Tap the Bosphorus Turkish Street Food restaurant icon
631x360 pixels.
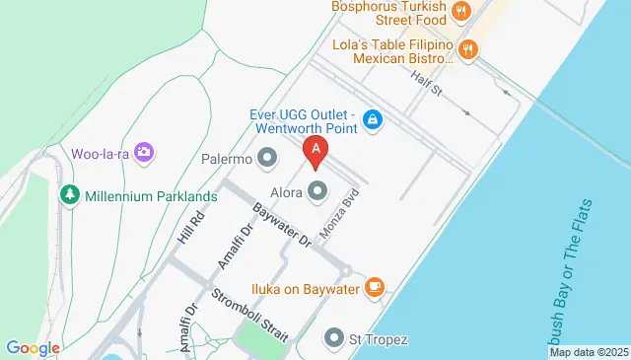(459, 12)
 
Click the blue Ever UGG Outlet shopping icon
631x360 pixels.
(372, 120)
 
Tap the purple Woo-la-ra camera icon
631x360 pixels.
(145, 152)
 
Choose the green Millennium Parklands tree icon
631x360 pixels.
(69, 194)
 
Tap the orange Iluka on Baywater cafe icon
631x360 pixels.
(374, 287)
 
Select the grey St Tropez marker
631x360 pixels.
(335, 339)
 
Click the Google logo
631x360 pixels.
(33, 347)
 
